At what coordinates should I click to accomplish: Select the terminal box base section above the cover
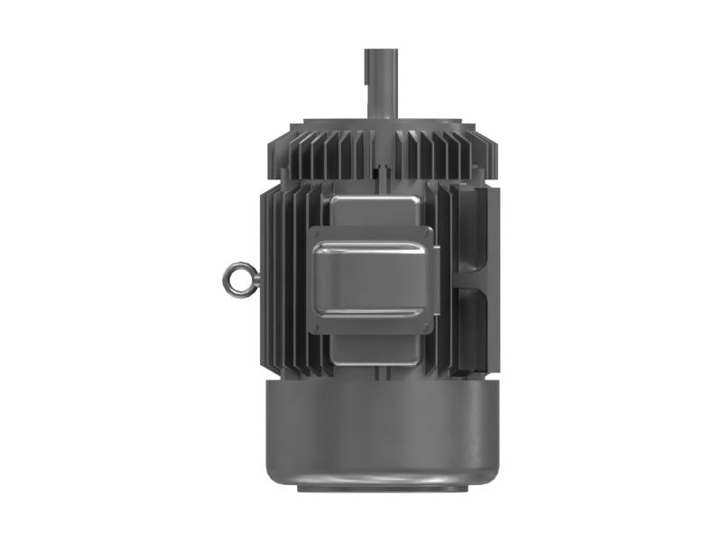372,211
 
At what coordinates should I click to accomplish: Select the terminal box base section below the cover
372,347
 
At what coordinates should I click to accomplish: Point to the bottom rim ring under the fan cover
378,488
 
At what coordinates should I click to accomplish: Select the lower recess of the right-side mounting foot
474,325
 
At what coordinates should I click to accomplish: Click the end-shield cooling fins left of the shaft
316,153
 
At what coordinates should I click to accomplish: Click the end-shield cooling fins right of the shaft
442,153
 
